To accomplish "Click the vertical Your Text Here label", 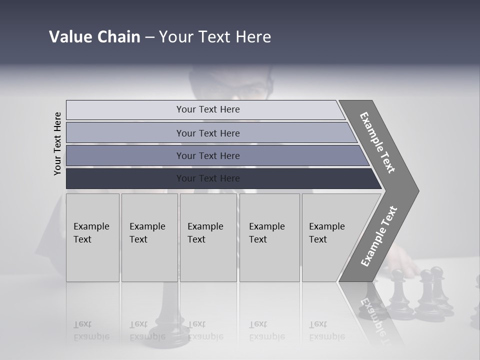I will [x=58, y=143].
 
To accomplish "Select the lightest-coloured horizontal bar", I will [x=205, y=109].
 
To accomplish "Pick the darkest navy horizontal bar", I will [x=220, y=178].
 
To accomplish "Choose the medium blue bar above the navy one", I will [x=215, y=155].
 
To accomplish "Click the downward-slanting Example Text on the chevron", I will [x=377, y=142].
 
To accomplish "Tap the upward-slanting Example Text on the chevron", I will [x=378, y=236].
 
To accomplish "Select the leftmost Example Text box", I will [x=92, y=237].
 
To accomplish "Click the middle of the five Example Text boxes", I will [x=208, y=237].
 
